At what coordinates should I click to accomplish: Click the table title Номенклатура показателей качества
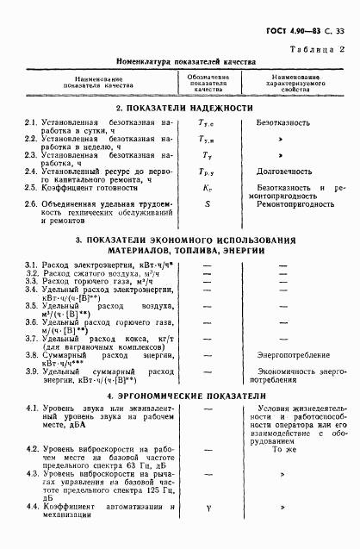pos(181,64)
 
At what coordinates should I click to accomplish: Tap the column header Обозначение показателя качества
pos(208,83)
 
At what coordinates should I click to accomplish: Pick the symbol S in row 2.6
pos(208,204)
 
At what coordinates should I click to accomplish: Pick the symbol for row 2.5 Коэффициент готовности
pos(208,187)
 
